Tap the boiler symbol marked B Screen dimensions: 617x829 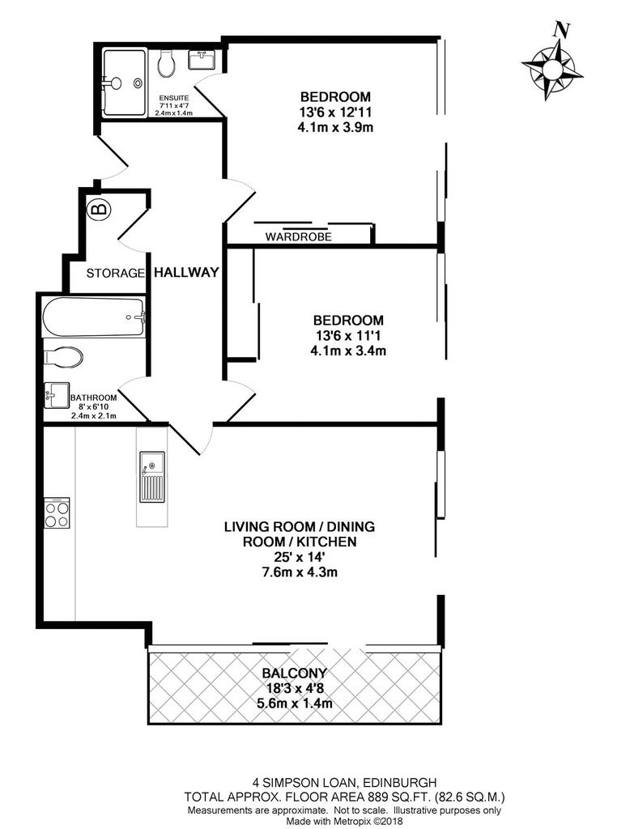(x=100, y=210)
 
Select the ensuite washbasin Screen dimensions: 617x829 (x=202, y=59)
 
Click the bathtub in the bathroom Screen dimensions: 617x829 (x=94, y=317)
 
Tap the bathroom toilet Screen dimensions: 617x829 (x=63, y=357)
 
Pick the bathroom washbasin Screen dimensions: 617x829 (x=57, y=395)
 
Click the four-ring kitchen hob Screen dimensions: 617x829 (x=57, y=512)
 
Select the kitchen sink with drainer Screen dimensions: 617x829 (x=151, y=477)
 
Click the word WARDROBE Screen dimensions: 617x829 (x=298, y=237)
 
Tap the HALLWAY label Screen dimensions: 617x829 (x=186, y=272)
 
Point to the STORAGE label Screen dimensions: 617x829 (x=115, y=274)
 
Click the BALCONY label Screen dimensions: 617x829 (x=295, y=673)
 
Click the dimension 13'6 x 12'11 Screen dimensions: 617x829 (x=336, y=112)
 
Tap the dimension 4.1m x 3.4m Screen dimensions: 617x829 (x=348, y=351)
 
